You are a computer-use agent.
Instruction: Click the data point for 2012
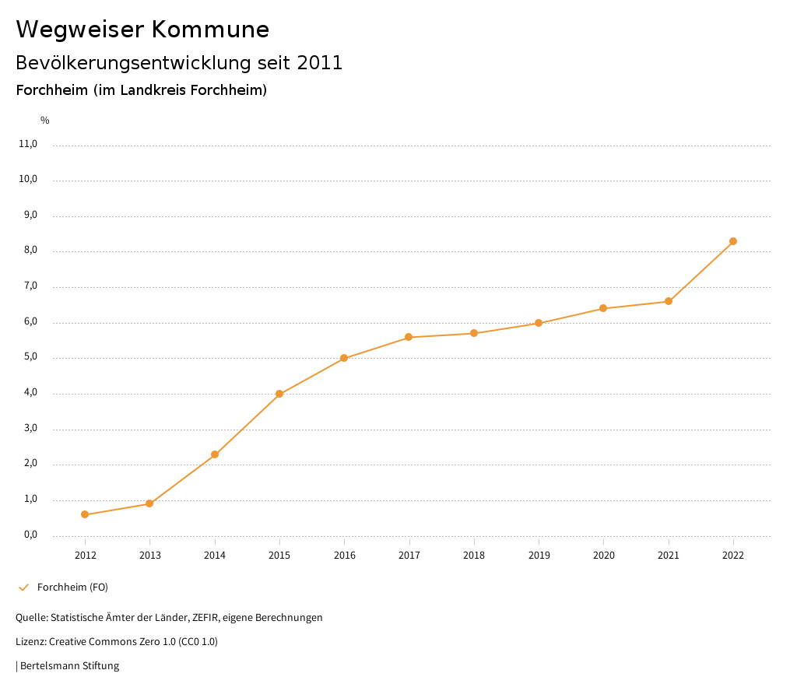85,514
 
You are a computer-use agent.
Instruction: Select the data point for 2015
279,394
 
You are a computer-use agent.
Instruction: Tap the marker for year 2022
733,241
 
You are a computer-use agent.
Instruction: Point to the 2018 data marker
474,333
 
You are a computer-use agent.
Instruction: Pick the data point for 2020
603,308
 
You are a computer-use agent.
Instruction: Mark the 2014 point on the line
215,454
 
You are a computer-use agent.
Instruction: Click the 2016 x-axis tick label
344,556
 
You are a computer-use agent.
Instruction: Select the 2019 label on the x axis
539,556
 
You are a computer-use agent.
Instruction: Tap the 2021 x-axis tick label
669,556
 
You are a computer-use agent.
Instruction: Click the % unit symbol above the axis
45,121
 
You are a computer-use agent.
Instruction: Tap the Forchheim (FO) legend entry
72,588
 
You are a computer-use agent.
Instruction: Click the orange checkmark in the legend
23,588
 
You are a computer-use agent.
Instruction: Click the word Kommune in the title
210,30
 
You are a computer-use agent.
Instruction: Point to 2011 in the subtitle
320,63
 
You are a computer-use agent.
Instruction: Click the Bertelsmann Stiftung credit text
69,666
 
